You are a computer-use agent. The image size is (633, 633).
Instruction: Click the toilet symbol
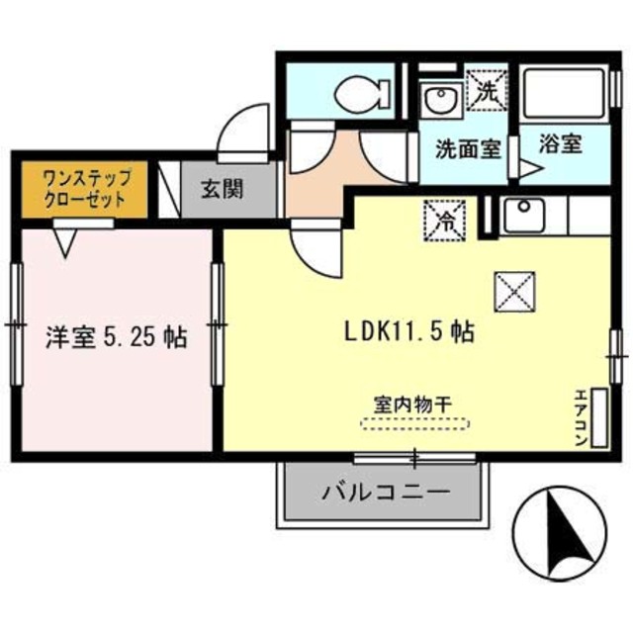click(x=355, y=95)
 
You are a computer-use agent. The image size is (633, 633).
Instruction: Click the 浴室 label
click(x=560, y=143)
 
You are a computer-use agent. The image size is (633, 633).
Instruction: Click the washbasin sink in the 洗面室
click(x=436, y=100)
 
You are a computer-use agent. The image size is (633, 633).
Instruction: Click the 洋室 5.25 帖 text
click(x=115, y=338)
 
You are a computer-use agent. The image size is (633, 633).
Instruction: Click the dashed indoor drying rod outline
click(x=414, y=424)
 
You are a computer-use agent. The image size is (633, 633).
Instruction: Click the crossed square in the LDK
click(x=513, y=289)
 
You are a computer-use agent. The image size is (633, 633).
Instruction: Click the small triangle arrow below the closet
click(x=68, y=241)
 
